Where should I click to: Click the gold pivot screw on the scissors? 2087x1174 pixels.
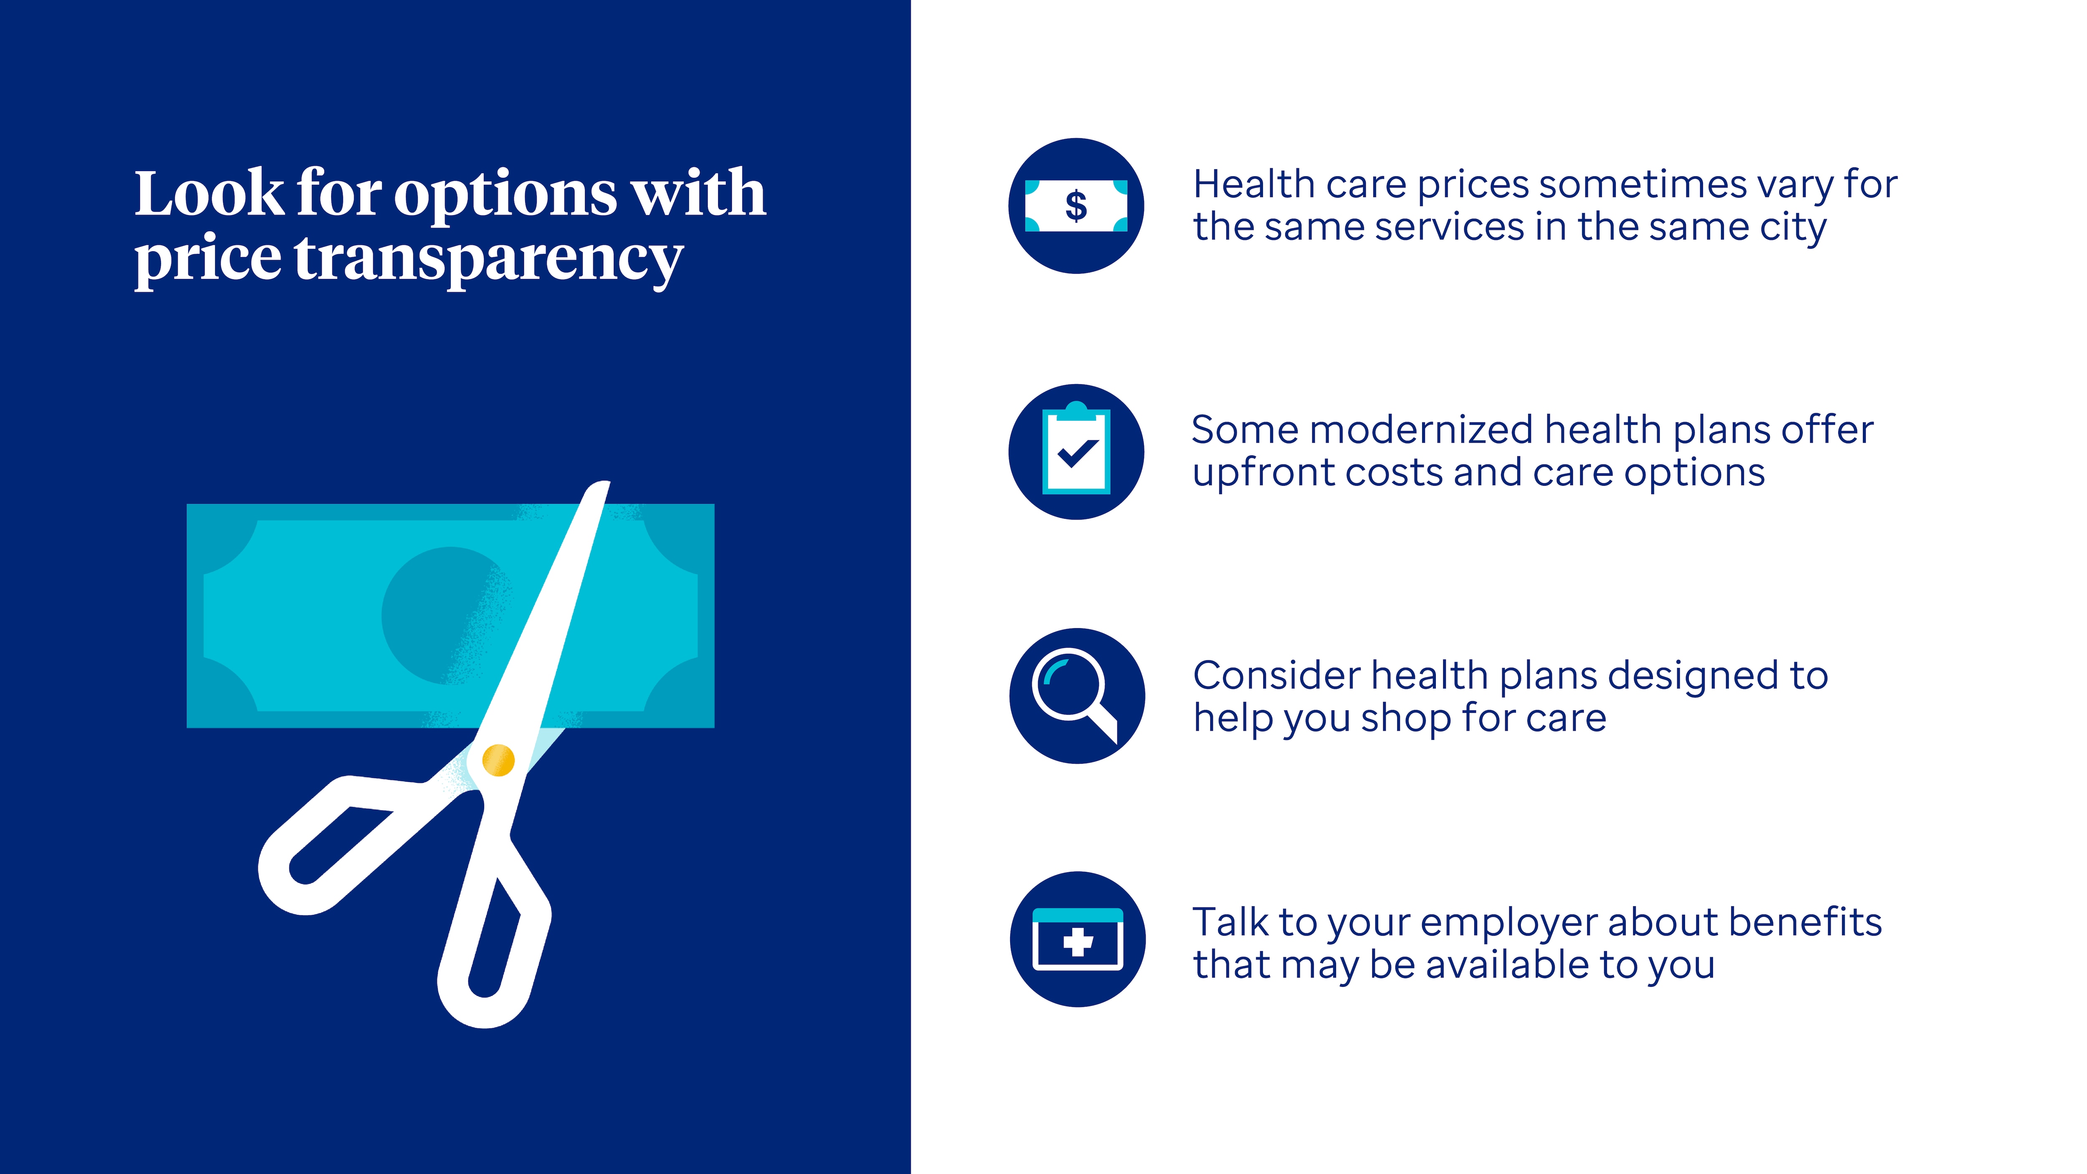(x=498, y=760)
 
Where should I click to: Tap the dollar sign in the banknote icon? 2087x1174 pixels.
(x=1076, y=206)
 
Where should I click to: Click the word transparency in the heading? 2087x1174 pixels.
(x=488, y=259)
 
